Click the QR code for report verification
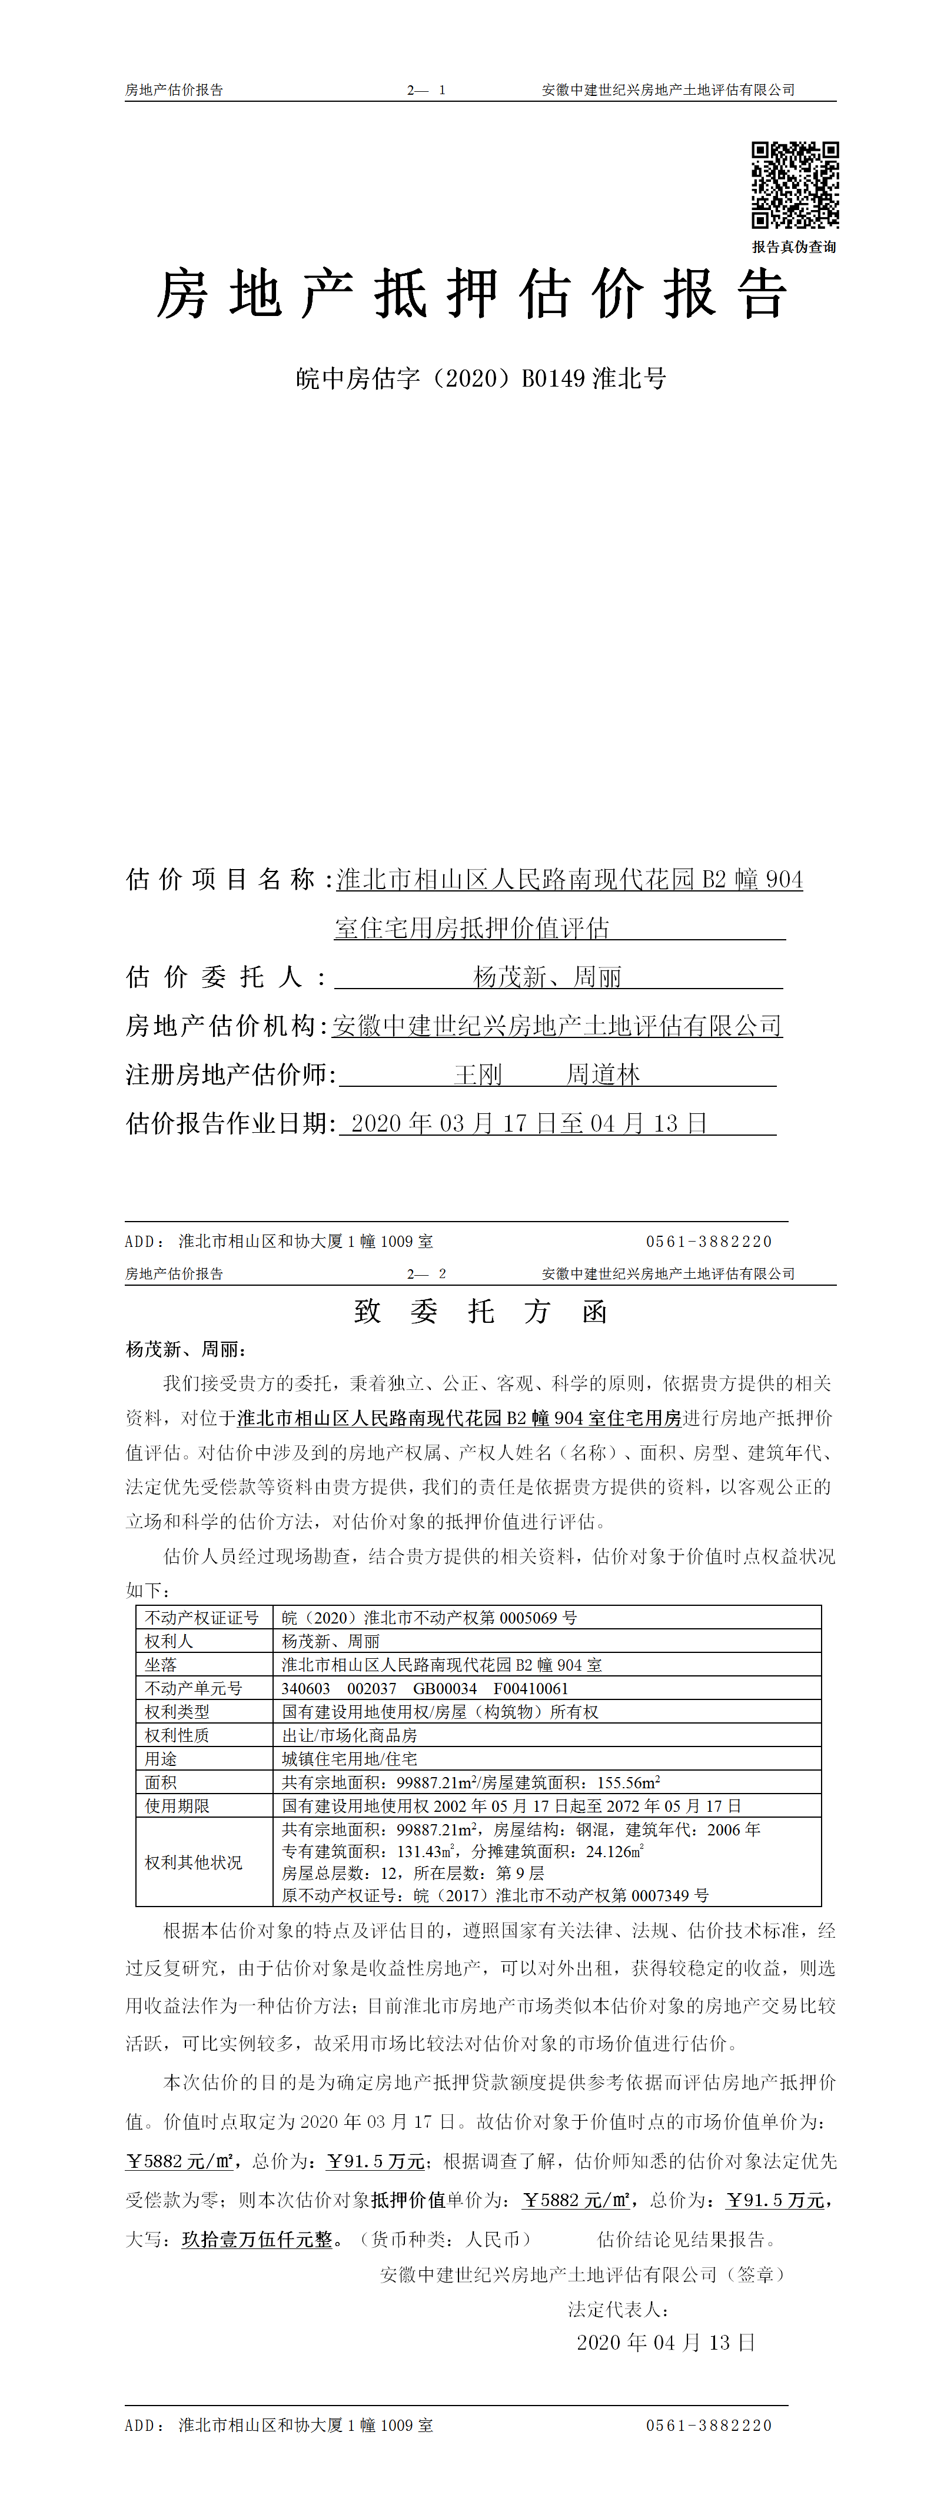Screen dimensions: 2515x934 click(795, 185)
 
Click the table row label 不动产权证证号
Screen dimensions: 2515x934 click(202, 1618)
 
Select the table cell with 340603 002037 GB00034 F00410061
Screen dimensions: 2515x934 click(424, 1688)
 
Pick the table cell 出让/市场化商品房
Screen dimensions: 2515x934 click(350, 1735)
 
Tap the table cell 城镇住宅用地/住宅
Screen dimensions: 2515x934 click(350, 1758)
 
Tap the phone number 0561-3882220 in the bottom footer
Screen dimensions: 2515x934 click(709, 2425)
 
